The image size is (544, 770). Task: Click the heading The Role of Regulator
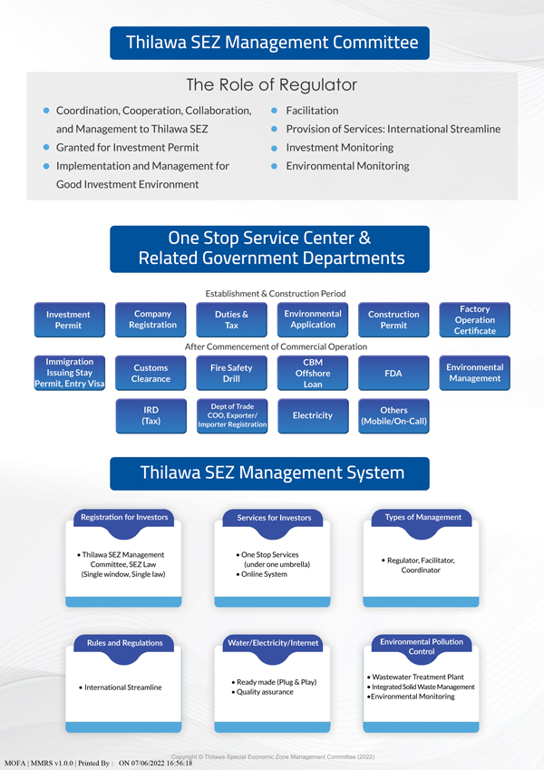click(272, 85)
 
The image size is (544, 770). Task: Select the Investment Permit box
click(68, 320)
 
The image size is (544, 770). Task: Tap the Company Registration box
click(152, 320)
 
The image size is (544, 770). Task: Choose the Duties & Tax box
click(232, 320)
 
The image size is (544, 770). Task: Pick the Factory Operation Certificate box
click(474, 320)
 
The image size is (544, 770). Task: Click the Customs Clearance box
click(151, 373)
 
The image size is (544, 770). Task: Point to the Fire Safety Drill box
click(232, 373)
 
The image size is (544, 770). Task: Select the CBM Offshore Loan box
click(313, 373)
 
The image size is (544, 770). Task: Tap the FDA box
click(393, 373)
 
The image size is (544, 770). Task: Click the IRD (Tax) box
click(151, 415)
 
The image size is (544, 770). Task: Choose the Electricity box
click(313, 415)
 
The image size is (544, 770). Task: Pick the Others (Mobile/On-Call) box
click(393, 415)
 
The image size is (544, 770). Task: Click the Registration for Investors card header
click(124, 517)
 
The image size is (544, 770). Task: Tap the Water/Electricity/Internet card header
click(273, 643)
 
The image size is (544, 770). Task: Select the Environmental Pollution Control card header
click(422, 646)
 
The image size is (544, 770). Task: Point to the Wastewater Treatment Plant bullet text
click(419, 677)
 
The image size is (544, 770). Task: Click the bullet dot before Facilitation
click(274, 111)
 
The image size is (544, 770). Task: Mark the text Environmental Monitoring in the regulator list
click(347, 166)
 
